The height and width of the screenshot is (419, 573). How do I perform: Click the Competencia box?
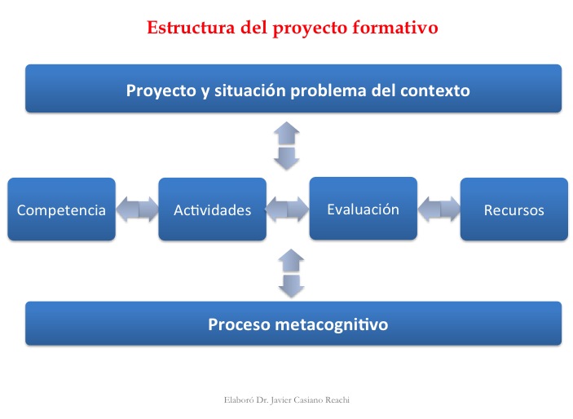coord(61,209)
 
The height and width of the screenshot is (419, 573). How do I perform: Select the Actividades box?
coord(212,209)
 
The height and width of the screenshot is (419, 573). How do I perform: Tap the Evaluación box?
coord(363,209)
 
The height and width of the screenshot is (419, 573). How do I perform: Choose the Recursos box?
coord(513,209)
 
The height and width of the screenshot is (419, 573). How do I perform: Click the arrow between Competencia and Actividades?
coord(137,209)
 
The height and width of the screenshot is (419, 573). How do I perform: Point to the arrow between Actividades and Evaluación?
coord(288,209)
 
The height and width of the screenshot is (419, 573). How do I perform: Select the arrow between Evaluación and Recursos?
coord(439,209)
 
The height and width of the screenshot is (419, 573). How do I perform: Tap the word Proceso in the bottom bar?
coord(239,324)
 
